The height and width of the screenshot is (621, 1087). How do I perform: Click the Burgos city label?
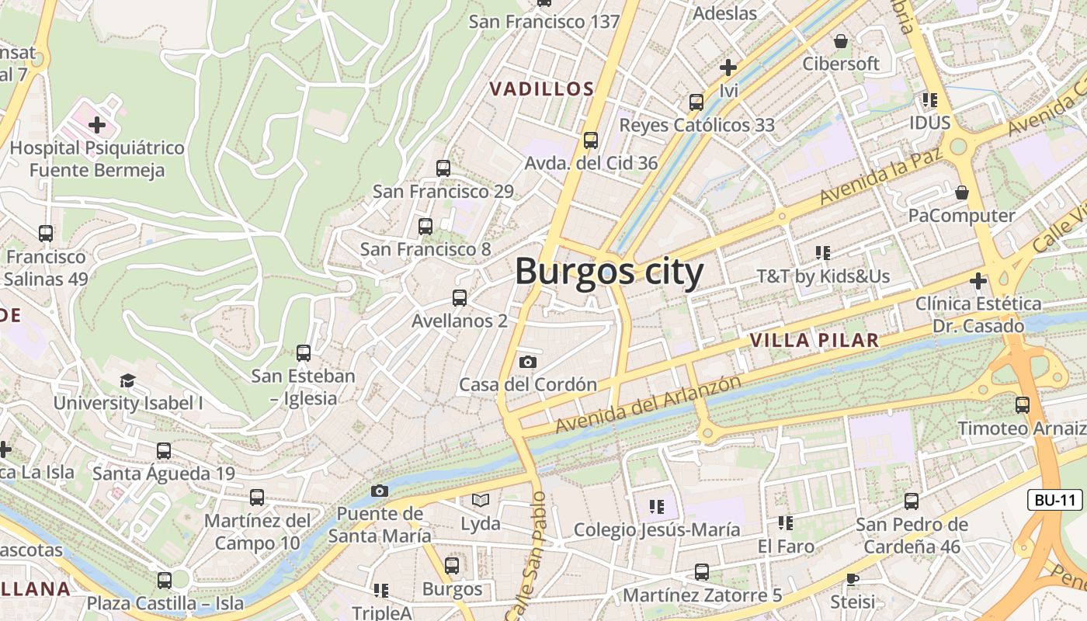609,272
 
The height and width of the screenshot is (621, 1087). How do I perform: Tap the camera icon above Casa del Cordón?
528,362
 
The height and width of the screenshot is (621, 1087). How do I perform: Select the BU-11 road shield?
1055,500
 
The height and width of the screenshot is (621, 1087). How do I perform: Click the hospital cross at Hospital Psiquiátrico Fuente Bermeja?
97,124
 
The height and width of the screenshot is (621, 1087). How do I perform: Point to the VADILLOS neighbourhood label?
542,89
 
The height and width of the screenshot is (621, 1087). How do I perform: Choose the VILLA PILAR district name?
814,340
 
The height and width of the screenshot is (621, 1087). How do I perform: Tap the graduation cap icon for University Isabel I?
127,380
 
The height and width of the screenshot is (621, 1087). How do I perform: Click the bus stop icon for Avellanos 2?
460,298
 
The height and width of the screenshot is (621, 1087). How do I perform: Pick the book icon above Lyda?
481,501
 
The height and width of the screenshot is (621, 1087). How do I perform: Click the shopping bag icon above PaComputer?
962,193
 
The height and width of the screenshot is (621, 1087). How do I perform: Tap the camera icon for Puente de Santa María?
380,491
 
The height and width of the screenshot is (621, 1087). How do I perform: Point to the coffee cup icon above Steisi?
853,579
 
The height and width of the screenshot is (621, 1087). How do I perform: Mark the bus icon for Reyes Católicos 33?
696,102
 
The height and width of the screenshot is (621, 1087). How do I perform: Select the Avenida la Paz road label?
881,176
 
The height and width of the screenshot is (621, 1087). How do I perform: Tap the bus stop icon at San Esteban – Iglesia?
304,353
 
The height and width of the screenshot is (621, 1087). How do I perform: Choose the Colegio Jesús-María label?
657,530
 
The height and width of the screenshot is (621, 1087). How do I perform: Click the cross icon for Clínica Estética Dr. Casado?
978,280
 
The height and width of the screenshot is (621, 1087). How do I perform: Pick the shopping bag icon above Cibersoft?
840,40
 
